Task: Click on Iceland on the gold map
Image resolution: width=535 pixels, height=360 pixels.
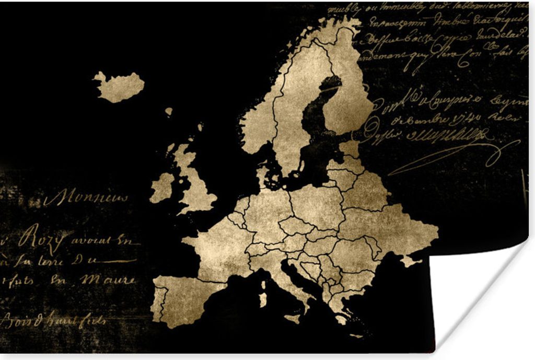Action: (x=120, y=86)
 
